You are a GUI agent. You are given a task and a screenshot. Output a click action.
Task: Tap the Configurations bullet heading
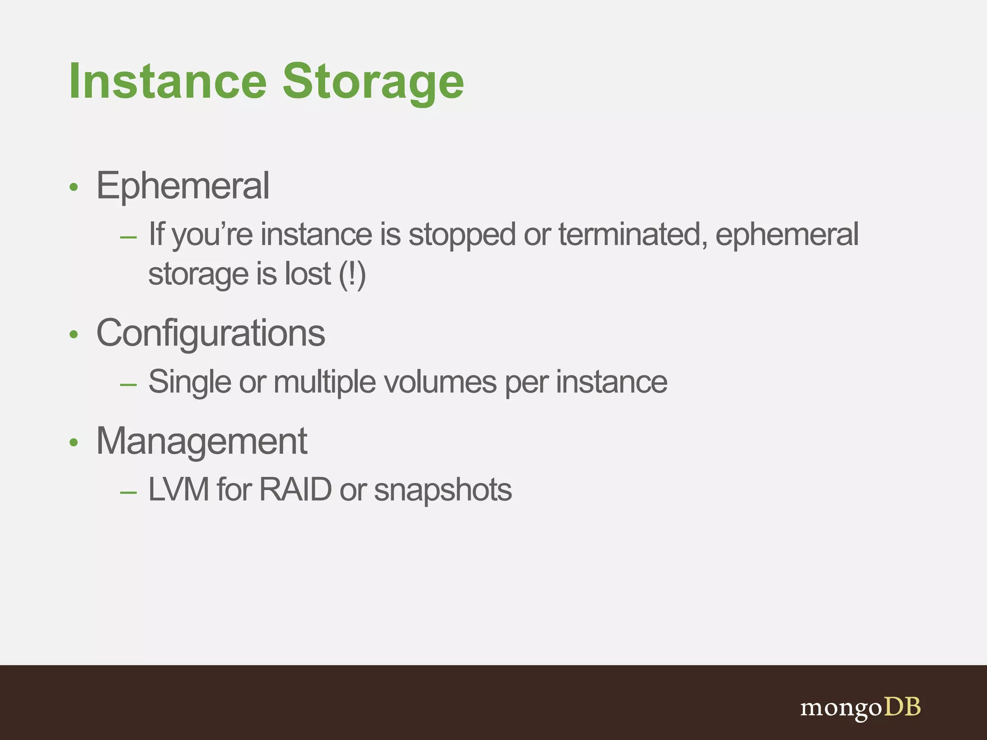coord(211,333)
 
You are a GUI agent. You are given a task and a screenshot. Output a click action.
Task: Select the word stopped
coord(462,235)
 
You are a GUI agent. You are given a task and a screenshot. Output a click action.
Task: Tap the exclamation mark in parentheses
coord(352,275)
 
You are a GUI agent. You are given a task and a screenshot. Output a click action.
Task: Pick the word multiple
coord(324,382)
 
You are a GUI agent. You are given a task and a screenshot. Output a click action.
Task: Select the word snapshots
coord(442,490)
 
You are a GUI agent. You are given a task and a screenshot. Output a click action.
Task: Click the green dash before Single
coord(128,384)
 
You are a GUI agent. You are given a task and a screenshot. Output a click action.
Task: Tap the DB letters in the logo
coord(903,707)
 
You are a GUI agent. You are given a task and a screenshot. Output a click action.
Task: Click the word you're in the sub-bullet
coord(212,235)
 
